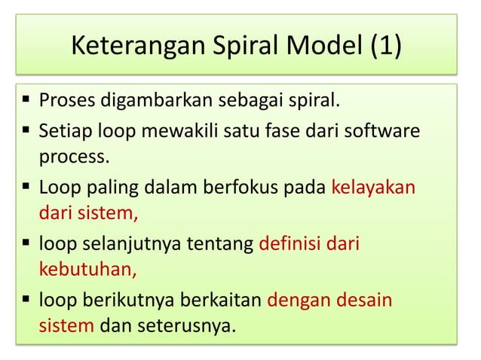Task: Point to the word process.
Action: click(x=73, y=158)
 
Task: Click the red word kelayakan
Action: click(x=373, y=187)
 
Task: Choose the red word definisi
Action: click(x=290, y=244)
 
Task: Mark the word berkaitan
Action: click(x=220, y=301)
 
